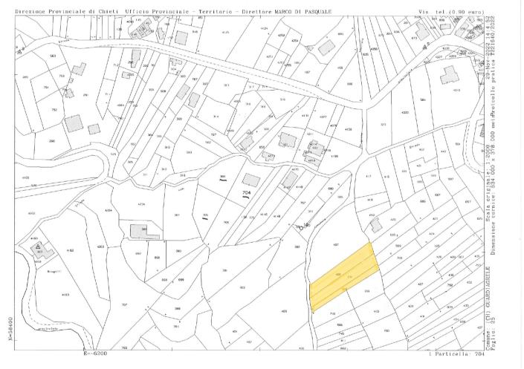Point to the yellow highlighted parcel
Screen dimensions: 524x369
click(344, 277)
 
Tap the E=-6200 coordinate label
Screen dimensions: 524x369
click(95, 354)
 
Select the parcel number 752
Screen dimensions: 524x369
click(54, 109)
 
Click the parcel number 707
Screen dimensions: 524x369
click(125, 305)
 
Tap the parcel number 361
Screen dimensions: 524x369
click(177, 215)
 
